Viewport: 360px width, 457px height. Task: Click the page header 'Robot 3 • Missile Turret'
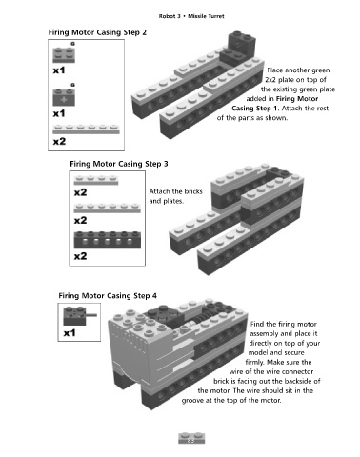pyautogui.click(x=191, y=16)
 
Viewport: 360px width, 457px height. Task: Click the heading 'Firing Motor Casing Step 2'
pyautogui.click(x=97, y=32)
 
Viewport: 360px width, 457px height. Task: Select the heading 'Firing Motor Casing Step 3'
pyautogui.click(x=119, y=164)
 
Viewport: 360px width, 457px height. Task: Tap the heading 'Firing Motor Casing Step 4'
pyautogui.click(x=108, y=296)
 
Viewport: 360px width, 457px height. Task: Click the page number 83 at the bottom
pyautogui.click(x=191, y=440)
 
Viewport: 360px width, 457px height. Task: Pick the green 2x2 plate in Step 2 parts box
pyautogui.click(x=64, y=54)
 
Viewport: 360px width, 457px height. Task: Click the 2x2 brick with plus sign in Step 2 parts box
pyautogui.click(x=64, y=97)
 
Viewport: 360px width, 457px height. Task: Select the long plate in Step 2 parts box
pyautogui.click(x=86, y=129)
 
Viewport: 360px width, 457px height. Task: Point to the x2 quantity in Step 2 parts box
pyautogui.click(x=59, y=141)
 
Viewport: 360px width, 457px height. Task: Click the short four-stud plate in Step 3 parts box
pyautogui.click(x=96, y=180)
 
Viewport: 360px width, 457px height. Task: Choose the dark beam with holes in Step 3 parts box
pyautogui.click(x=108, y=240)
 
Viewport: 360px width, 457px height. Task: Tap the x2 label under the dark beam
pyautogui.click(x=81, y=256)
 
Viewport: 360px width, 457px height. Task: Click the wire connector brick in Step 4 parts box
pyautogui.click(x=79, y=315)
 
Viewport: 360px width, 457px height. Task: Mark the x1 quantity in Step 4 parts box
pyautogui.click(x=70, y=333)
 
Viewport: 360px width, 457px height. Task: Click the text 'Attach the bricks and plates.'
pyautogui.click(x=175, y=196)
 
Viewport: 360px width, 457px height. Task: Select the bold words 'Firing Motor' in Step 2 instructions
pyautogui.click(x=297, y=99)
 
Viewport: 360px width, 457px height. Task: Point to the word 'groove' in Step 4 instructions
pyautogui.click(x=192, y=401)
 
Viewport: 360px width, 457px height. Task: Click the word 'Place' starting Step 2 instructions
pyautogui.click(x=275, y=70)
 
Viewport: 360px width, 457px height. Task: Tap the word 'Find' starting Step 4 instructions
pyautogui.click(x=257, y=324)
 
